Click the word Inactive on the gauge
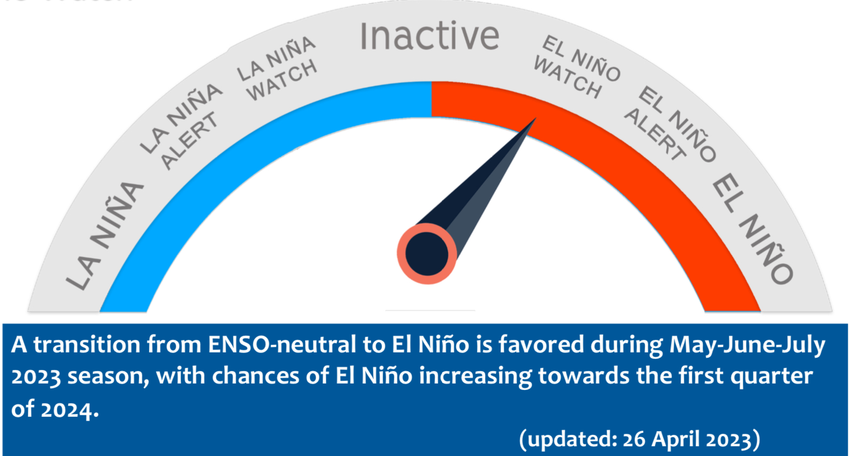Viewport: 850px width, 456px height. [429, 36]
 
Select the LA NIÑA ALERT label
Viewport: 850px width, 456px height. [181, 126]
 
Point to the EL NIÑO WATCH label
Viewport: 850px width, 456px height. [577, 67]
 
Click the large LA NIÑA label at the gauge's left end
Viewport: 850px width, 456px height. [105, 236]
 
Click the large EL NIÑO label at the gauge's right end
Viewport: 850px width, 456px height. [752, 229]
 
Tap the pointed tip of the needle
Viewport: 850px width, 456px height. [536, 118]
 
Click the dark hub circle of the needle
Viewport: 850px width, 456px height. [427, 254]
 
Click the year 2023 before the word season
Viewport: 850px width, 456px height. [36, 377]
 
